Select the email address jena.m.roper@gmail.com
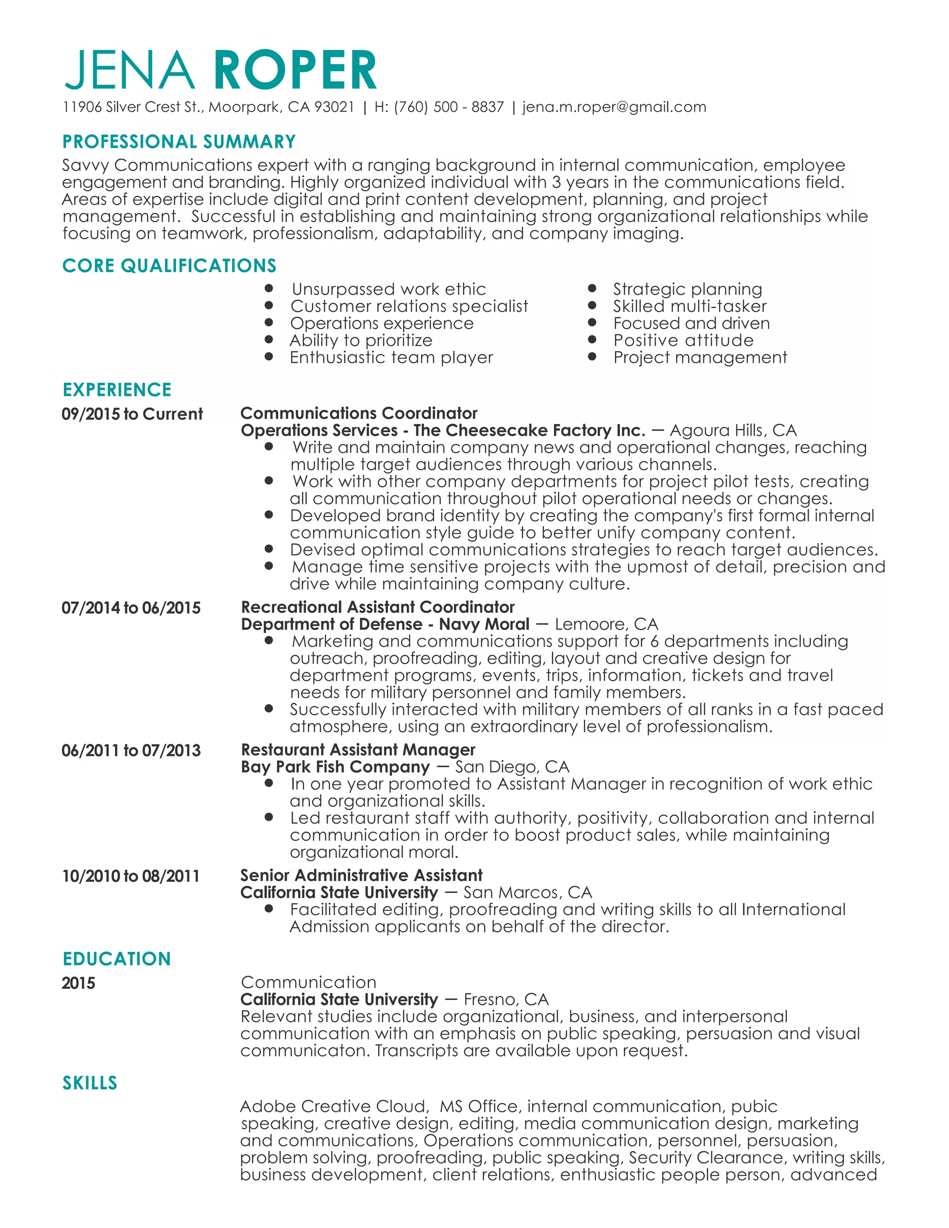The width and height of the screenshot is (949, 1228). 614,107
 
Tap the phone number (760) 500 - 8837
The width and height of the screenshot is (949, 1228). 449,107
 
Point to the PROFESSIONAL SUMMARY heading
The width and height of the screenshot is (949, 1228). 179,142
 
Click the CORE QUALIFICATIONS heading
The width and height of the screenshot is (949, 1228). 169,266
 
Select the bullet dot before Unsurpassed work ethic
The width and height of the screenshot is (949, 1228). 269,288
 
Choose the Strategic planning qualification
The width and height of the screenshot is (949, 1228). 687,289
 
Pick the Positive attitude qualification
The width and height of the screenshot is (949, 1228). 683,340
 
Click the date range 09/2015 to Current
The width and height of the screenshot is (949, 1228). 132,414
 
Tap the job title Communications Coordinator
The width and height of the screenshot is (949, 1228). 359,413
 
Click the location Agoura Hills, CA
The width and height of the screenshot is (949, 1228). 733,430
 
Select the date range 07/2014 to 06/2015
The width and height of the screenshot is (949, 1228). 131,608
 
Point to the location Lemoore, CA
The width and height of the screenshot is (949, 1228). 606,624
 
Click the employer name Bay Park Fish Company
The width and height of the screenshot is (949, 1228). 335,767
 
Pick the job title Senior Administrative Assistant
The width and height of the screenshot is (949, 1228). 361,875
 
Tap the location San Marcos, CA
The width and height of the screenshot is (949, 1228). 527,893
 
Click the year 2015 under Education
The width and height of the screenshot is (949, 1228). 78,983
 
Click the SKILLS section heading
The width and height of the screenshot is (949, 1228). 90,1083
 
